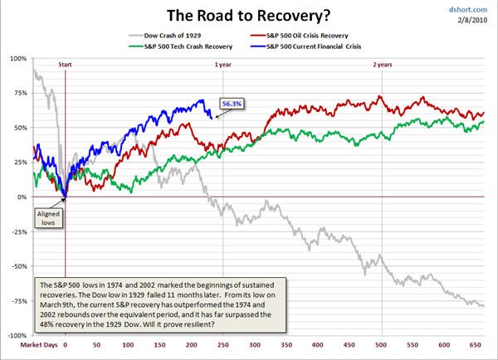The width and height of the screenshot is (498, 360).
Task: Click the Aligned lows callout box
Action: click(x=47, y=218)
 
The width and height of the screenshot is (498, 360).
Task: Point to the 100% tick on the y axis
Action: click(x=17, y=58)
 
